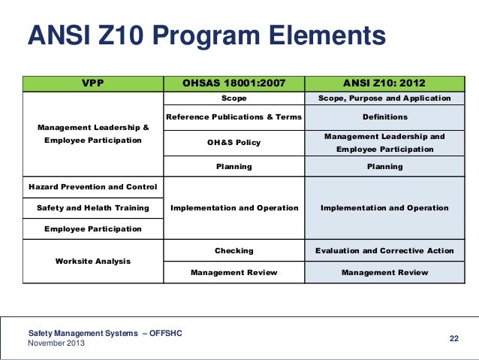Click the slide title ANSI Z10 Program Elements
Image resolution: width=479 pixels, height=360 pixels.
(206, 36)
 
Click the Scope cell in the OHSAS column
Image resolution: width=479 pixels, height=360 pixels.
(234, 98)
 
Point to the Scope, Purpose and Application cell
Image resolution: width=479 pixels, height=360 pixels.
(384, 98)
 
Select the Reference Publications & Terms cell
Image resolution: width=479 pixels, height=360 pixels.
(233, 117)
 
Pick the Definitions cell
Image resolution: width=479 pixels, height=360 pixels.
(384, 117)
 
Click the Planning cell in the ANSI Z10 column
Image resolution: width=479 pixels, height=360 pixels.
(384, 167)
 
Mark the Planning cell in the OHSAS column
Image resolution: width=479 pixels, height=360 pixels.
(234, 167)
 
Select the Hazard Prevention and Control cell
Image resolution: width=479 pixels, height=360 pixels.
(92, 187)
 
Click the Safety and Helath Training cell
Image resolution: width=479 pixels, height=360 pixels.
(92, 208)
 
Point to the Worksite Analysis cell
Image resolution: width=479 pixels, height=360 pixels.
(92, 262)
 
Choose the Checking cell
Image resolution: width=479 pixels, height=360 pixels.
(234, 251)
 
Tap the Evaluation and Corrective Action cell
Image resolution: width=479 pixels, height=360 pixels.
(384, 251)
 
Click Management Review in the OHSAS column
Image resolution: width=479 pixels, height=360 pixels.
(234, 273)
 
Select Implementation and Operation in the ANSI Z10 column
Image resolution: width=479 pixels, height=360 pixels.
(384, 208)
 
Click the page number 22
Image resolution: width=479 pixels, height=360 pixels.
(453, 338)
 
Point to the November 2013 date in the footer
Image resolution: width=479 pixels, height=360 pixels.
(56, 343)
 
